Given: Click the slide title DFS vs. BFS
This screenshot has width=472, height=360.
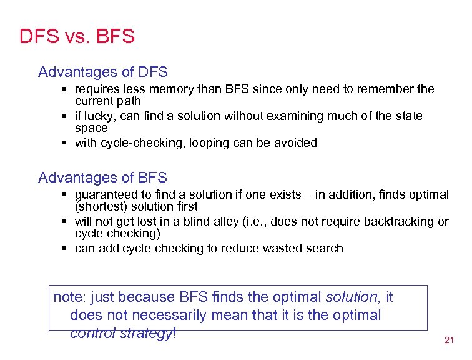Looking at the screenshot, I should click(x=77, y=36).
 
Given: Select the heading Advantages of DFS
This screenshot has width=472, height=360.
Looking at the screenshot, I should click(x=102, y=72).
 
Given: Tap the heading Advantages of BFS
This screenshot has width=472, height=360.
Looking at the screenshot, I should click(x=102, y=177).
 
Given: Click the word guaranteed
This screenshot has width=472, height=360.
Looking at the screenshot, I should click(x=106, y=194).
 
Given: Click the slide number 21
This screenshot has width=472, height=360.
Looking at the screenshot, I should click(x=448, y=341).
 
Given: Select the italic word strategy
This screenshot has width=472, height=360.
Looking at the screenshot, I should click(x=146, y=333).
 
